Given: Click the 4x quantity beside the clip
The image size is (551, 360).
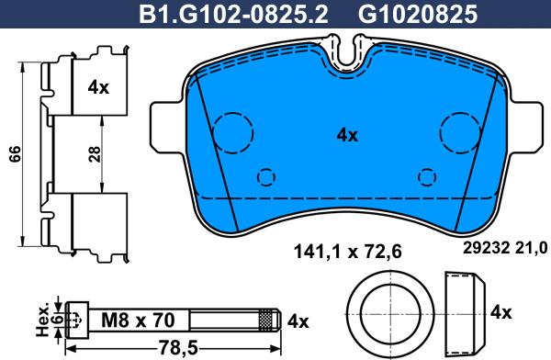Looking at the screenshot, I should pyautogui.click(x=98, y=88).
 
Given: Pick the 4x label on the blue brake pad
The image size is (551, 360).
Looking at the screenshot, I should pyautogui.click(x=347, y=134).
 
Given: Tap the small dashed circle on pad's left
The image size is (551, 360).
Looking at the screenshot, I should pyautogui.click(x=266, y=176).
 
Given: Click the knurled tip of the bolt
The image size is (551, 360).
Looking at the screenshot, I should pyautogui.click(x=267, y=321).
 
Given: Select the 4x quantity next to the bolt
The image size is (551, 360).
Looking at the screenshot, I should pyautogui.click(x=298, y=321).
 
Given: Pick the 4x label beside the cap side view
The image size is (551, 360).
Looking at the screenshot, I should pyautogui.click(x=500, y=312).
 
